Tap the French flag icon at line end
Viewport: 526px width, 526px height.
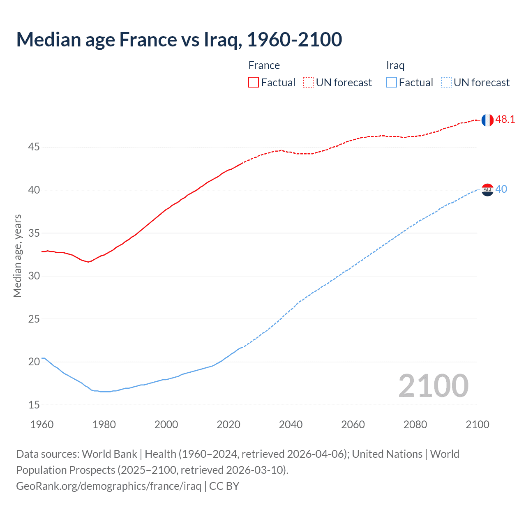pyautogui.click(x=487, y=120)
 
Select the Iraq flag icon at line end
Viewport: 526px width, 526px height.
pyautogui.click(x=487, y=190)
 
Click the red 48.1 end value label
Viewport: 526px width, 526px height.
pyautogui.click(x=505, y=120)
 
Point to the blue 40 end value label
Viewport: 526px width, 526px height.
pyautogui.click(x=501, y=189)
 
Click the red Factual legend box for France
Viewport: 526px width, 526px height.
pyautogui.click(x=254, y=83)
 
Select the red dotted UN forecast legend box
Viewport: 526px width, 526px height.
pyautogui.click(x=308, y=83)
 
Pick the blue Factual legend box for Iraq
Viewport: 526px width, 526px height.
pyautogui.click(x=391, y=83)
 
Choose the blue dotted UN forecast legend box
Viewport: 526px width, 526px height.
pyautogui.click(x=446, y=83)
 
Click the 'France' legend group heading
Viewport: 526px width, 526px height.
pyautogui.click(x=264, y=66)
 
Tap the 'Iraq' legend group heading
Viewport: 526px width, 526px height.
pyautogui.click(x=395, y=66)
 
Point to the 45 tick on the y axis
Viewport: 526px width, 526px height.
pyautogui.click(x=34, y=147)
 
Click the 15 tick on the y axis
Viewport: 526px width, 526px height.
pyautogui.click(x=34, y=405)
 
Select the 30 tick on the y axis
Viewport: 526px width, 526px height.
pyautogui.click(x=34, y=276)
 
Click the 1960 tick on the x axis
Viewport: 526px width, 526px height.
pyautogui.click(x=42, y=424)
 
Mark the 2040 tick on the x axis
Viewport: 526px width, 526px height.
pyautogui.click(x=291, y=424)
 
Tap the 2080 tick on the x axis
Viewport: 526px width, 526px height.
pyautogui.click(x=415, y=424)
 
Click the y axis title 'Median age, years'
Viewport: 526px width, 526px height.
pyautogui.click(x=17, y=256)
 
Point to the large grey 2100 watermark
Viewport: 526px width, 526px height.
pyautogui.click(x=433, y=386)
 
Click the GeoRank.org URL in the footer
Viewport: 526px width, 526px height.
pyautogui.click(x=108, y=486)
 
